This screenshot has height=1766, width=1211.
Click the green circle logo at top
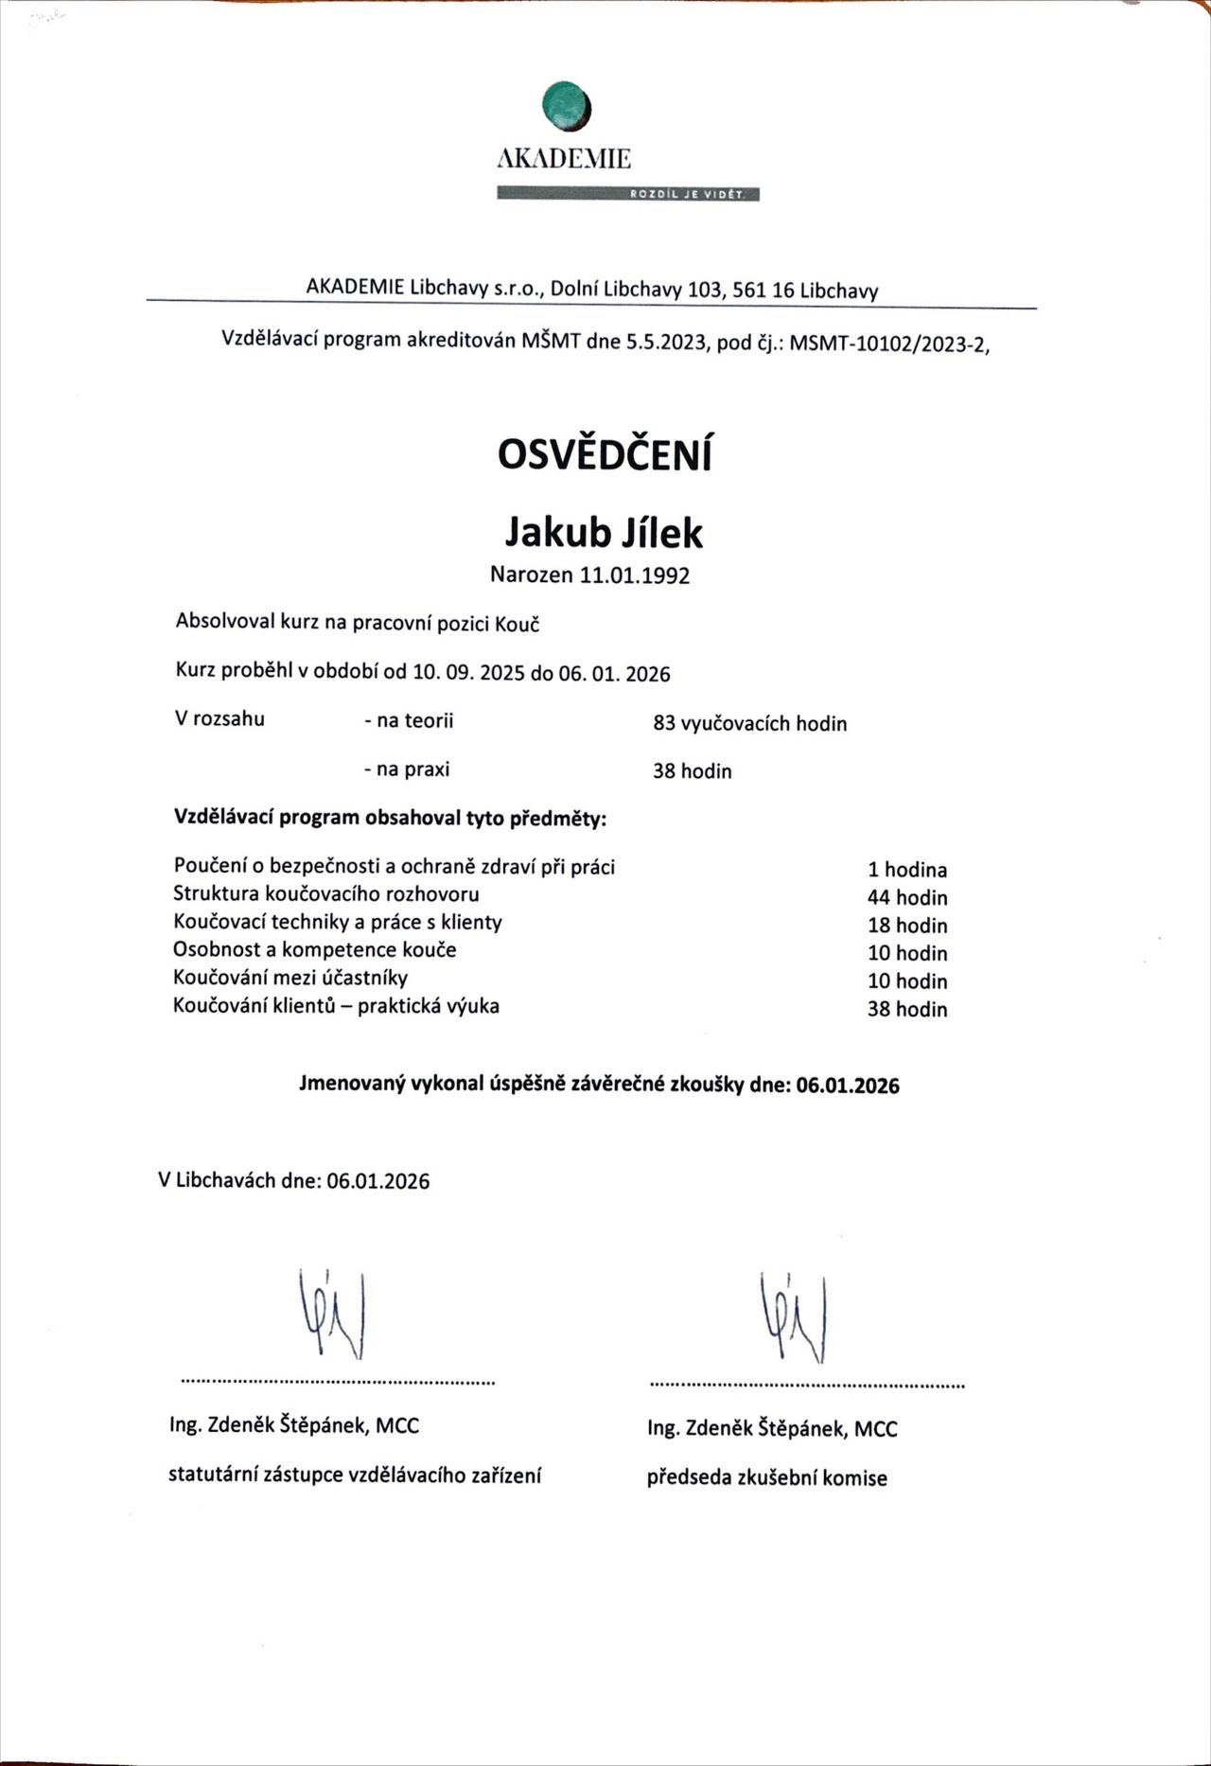(567, 105)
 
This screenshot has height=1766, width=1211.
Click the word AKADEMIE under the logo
(564, 159)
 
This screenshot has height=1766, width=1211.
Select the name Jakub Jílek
(604, 533)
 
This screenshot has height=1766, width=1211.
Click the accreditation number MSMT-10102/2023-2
(888, 344)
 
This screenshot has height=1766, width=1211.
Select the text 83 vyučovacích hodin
(749, 724)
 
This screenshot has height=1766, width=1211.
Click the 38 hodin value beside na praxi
(692, 771)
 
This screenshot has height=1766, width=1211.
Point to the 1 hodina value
(906, 870)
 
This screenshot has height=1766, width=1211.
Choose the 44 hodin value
(906, 897)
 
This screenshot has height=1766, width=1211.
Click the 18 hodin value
(906, 926)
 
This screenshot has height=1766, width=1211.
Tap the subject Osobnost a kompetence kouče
(314, 949)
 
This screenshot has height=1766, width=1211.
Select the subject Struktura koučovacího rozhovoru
(325, 893)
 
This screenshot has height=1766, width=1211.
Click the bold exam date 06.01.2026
(848, 1086)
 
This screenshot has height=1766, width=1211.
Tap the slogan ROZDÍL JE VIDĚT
(688, 195)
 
